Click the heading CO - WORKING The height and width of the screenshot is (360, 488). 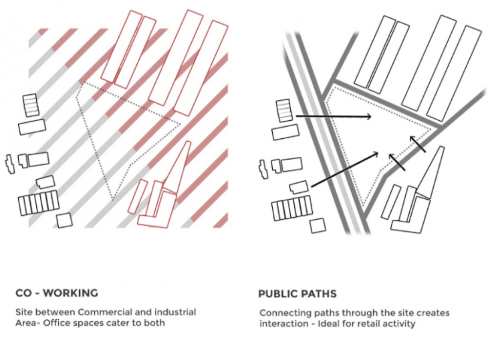pyautogui.click(x=57, y=293)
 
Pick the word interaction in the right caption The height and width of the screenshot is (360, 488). pyautogui.click(x=283, y=323)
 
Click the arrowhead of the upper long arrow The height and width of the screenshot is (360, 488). pyautogui.click(x=368, y=118)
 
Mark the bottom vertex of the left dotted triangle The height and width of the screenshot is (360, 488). pyautogui.click(x=114, y=199)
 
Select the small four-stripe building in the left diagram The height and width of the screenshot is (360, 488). pyautogui.click(x=31, y=106)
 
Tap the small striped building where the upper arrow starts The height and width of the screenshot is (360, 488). pyautogui.click(x=284, y=110)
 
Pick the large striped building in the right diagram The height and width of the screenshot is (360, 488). pyautogui.click(x=291, y=209)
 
